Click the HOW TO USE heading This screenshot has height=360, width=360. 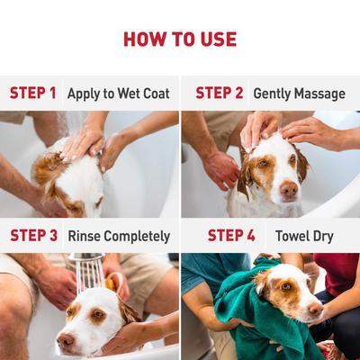180,39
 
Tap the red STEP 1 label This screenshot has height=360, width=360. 33,93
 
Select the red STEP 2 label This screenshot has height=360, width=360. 220,93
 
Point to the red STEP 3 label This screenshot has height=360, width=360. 34,236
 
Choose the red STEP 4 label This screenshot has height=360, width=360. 231,236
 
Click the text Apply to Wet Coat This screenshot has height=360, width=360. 120,93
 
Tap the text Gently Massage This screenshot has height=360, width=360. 299,93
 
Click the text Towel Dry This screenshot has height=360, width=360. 304,236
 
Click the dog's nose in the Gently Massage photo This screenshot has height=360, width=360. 289,191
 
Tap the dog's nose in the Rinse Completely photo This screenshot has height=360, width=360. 65,340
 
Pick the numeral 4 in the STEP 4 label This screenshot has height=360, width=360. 250,236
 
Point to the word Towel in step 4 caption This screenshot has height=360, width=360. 292,236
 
